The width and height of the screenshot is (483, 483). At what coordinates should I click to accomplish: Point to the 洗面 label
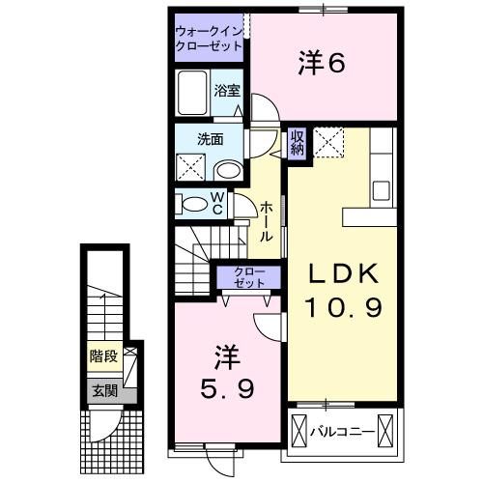click(x=211, y=139)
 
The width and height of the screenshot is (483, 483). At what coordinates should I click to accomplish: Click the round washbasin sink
click(x=227, y=171)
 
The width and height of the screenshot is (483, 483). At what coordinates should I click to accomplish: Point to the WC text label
click(x=217, y=204)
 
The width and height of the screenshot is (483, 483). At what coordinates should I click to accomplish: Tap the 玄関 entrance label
click(x=103, y=390)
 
